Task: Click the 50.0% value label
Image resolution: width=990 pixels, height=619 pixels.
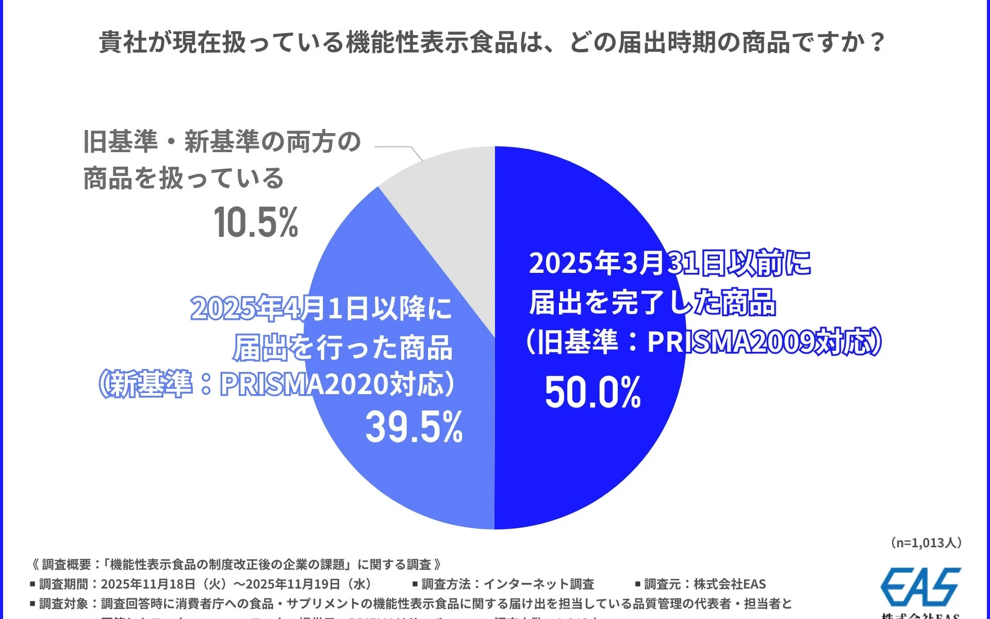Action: click(x=592, y=393)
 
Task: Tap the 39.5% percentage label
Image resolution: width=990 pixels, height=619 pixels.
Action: click(x=414, y=428)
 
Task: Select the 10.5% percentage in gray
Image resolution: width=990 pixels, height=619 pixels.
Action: click(x=256, y=223)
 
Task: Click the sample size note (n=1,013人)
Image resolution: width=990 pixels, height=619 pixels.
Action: click(x=926, y=543)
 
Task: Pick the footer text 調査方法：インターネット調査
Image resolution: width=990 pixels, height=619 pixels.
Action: click(x=507, y=584)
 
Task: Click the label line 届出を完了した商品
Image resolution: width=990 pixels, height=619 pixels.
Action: click(x=653, y=302)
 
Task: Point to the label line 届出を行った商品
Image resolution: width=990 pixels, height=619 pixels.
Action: click(x=343, y=348)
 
